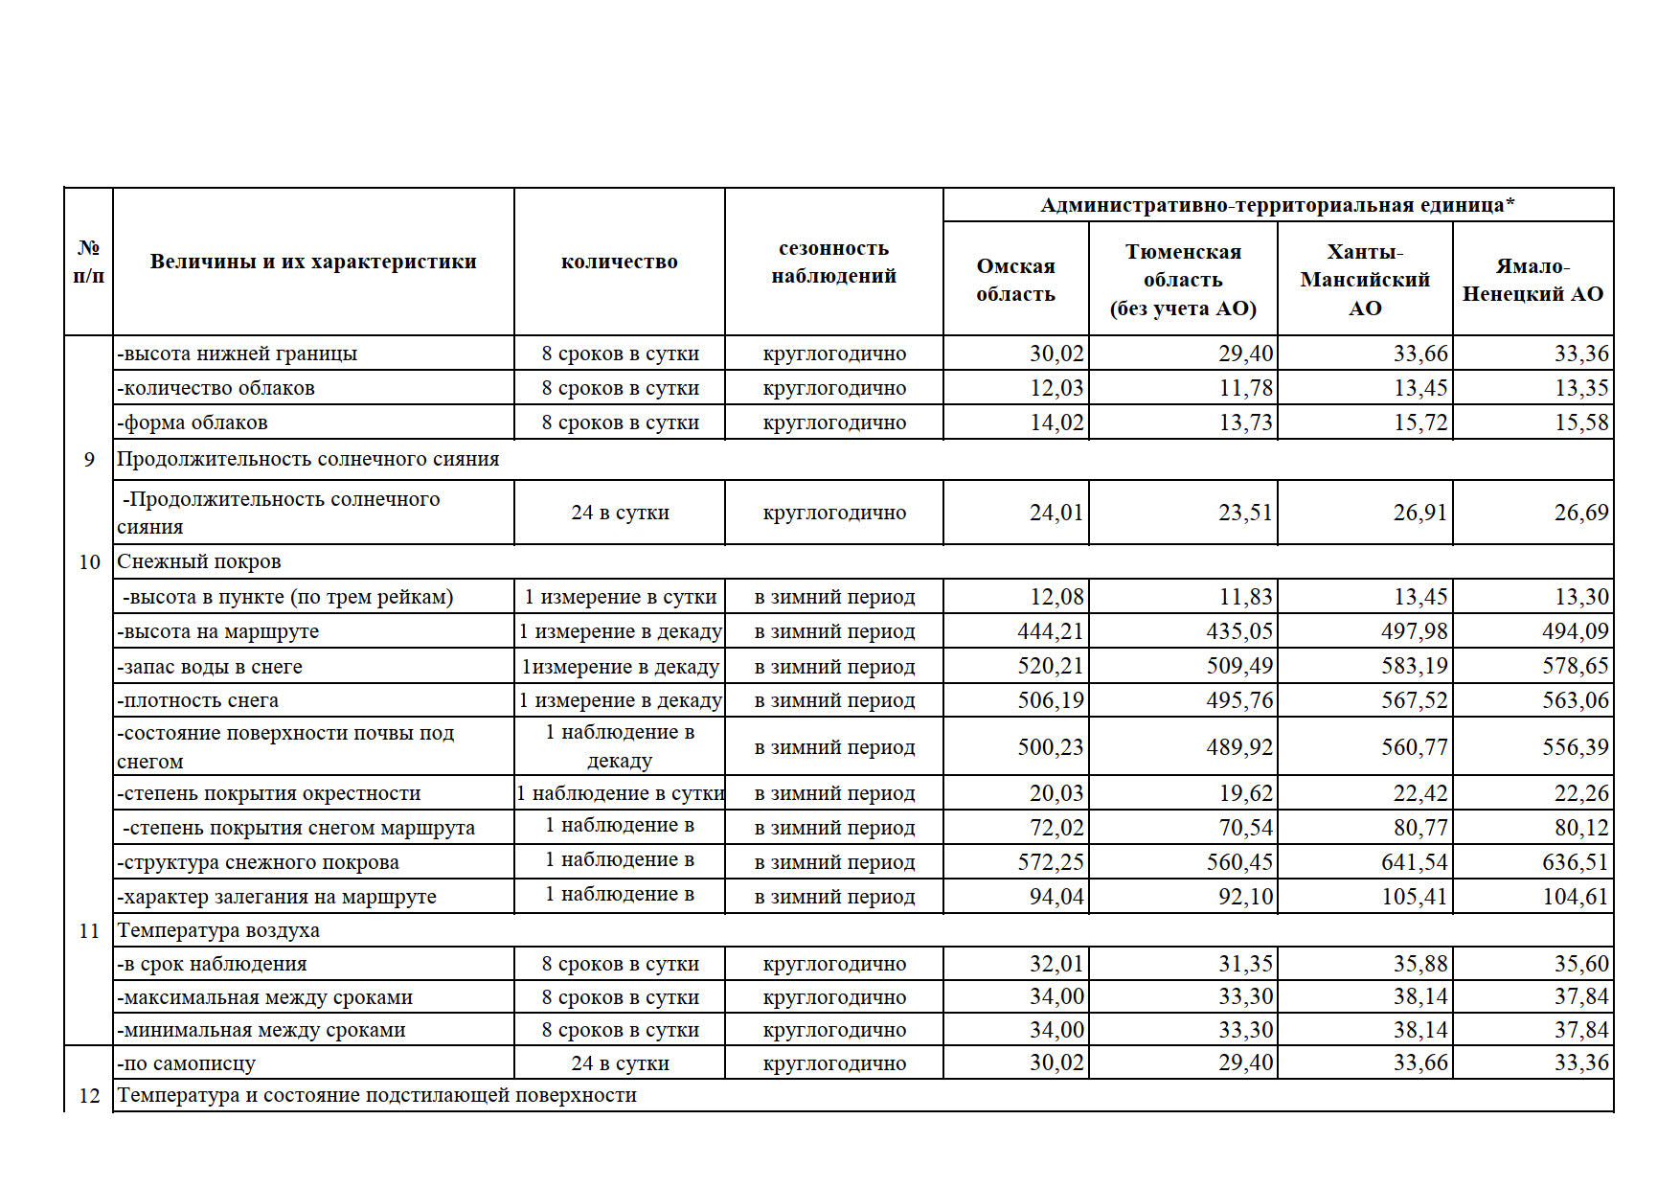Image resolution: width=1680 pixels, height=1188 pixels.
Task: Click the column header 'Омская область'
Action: click(1015, 280)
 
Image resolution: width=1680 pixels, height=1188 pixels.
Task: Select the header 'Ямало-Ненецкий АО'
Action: click(1532, 280)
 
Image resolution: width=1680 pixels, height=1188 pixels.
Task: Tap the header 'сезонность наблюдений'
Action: click(833, 262)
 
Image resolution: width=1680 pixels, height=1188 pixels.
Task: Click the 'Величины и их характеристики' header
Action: click(313, 262)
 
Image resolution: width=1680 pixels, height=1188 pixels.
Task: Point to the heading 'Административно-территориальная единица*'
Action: click(1278, 205)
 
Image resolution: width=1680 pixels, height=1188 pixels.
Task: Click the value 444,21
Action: click(1050, 631)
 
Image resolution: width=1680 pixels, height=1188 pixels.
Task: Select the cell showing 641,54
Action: click(1414, 861)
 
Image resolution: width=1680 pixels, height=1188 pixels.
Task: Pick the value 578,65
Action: click(1575, 666)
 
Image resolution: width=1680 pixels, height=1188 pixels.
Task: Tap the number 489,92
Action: click(1239, 746)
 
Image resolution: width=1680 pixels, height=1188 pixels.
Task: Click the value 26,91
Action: click(1419, 513)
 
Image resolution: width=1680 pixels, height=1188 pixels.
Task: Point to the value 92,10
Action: click(1245, 896)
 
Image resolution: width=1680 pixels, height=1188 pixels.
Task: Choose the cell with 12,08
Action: click(1056, 597)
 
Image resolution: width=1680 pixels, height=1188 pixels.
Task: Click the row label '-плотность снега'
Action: click(198, 700)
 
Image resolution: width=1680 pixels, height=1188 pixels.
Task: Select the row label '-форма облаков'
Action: click(193, 423)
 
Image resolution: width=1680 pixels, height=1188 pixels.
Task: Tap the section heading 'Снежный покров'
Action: click(199, 561)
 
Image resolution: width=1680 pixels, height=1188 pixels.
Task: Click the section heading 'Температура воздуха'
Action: click(218, 930)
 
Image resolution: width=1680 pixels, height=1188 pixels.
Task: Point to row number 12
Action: click(89, 1096)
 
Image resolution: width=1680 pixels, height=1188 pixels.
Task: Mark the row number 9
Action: click(89, 460)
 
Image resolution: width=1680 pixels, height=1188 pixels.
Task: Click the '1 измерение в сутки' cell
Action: click(620, 597)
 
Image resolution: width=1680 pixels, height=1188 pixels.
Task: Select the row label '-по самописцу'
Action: click(187, 1063)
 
